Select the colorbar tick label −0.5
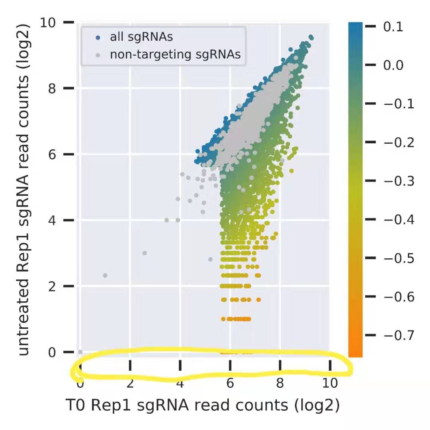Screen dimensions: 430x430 pos(396,258)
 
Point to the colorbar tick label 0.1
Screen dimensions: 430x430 pos(393,27)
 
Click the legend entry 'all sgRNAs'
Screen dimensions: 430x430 pos(141,37)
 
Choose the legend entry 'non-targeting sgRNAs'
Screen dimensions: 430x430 pos(175,55)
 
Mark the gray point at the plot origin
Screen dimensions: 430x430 pos(80,352)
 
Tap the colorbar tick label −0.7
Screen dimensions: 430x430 pos(396,336)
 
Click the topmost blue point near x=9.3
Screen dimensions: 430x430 pos(311,37)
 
